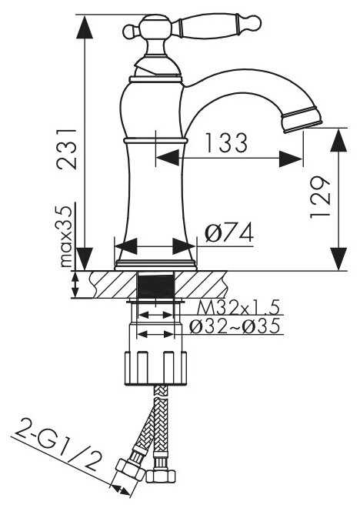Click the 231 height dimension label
click(67, 149)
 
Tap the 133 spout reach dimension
click(226, 142)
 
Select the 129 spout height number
click(320, 197)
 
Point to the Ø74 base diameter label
click(229, 232)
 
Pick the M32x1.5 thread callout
click(237, 307)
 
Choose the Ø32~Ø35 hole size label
click(234, 326)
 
